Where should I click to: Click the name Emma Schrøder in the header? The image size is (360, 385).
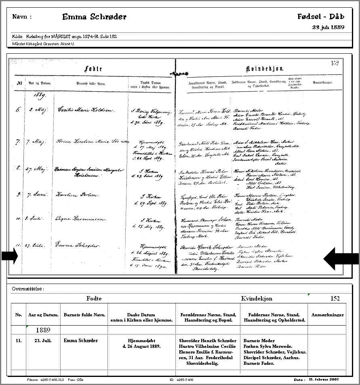coord(94,17)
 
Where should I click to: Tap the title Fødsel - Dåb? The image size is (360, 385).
coord(320,17)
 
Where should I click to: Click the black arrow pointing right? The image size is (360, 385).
coord(9,256)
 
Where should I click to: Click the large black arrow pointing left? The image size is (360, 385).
coord(341,258)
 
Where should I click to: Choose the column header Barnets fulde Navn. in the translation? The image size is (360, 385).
coord(84,315)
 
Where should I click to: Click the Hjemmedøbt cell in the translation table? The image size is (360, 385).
coord(141,343)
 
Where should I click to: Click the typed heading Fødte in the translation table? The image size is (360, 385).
coord(94,299)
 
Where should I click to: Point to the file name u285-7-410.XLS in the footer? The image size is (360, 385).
coord(47,380)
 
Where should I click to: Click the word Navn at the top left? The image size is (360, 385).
coord(22,17)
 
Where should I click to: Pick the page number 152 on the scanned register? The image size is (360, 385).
coord(335,63)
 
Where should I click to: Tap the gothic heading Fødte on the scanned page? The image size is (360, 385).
coord(93,69)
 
